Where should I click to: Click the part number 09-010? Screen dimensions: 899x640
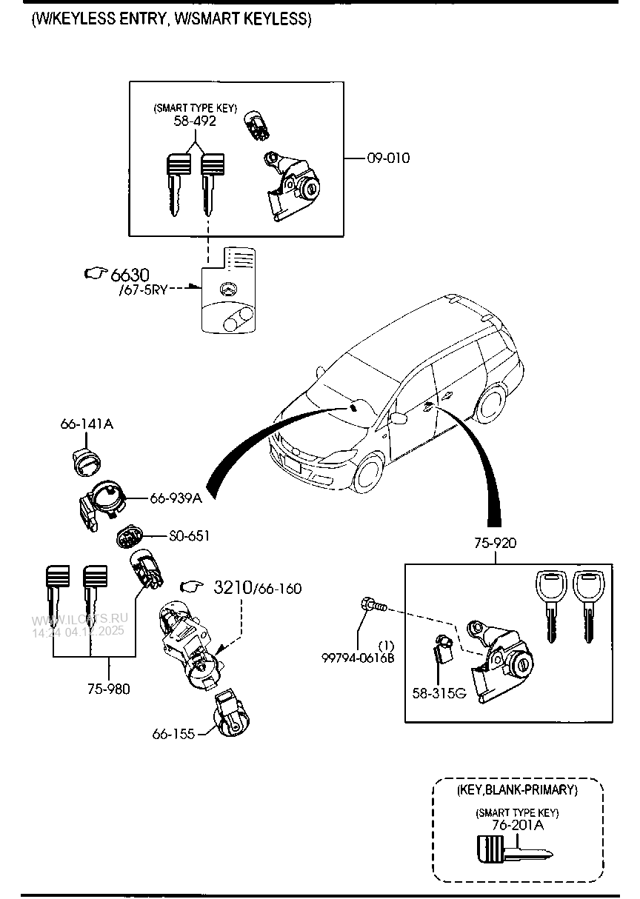(387, 158)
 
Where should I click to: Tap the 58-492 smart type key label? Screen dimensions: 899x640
(195, 121)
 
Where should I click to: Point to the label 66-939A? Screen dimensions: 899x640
(176, 498)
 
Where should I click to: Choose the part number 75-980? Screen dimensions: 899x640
(109, 689)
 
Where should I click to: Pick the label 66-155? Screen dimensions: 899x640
(173, 734)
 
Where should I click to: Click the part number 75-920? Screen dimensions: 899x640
(496, 544)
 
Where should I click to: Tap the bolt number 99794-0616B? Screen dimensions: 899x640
(358, 657)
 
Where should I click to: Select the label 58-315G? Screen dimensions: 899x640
(439, 693)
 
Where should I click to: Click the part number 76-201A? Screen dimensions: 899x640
(517, 825)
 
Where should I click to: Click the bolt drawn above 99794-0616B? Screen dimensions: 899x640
(372, 605)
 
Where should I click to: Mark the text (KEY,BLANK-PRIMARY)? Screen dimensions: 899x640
(517, 790)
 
